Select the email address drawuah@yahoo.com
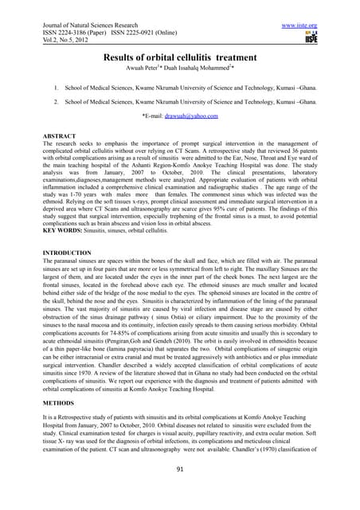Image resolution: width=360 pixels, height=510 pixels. click(190, 116)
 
